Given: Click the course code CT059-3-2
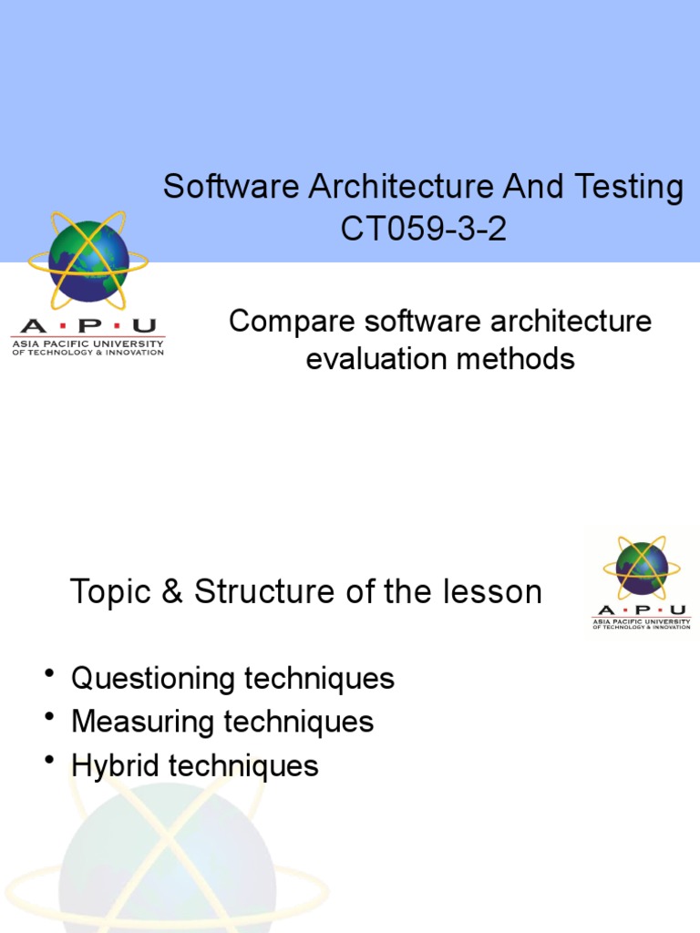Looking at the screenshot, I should (x=423, y=230).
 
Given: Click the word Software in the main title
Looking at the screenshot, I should (x=232, y=188).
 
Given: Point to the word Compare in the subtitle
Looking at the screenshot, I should (x=283, y=322).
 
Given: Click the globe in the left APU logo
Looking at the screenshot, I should (x=88, y=261).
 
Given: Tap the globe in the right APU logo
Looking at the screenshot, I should (x=642, y=568).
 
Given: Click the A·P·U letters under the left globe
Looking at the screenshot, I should (x=87, y=326).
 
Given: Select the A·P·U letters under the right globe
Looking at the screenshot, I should (x=642, y=610).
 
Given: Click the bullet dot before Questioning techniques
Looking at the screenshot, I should (x=49, y=674).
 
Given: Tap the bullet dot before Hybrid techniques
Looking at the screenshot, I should (x=49, y=761).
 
